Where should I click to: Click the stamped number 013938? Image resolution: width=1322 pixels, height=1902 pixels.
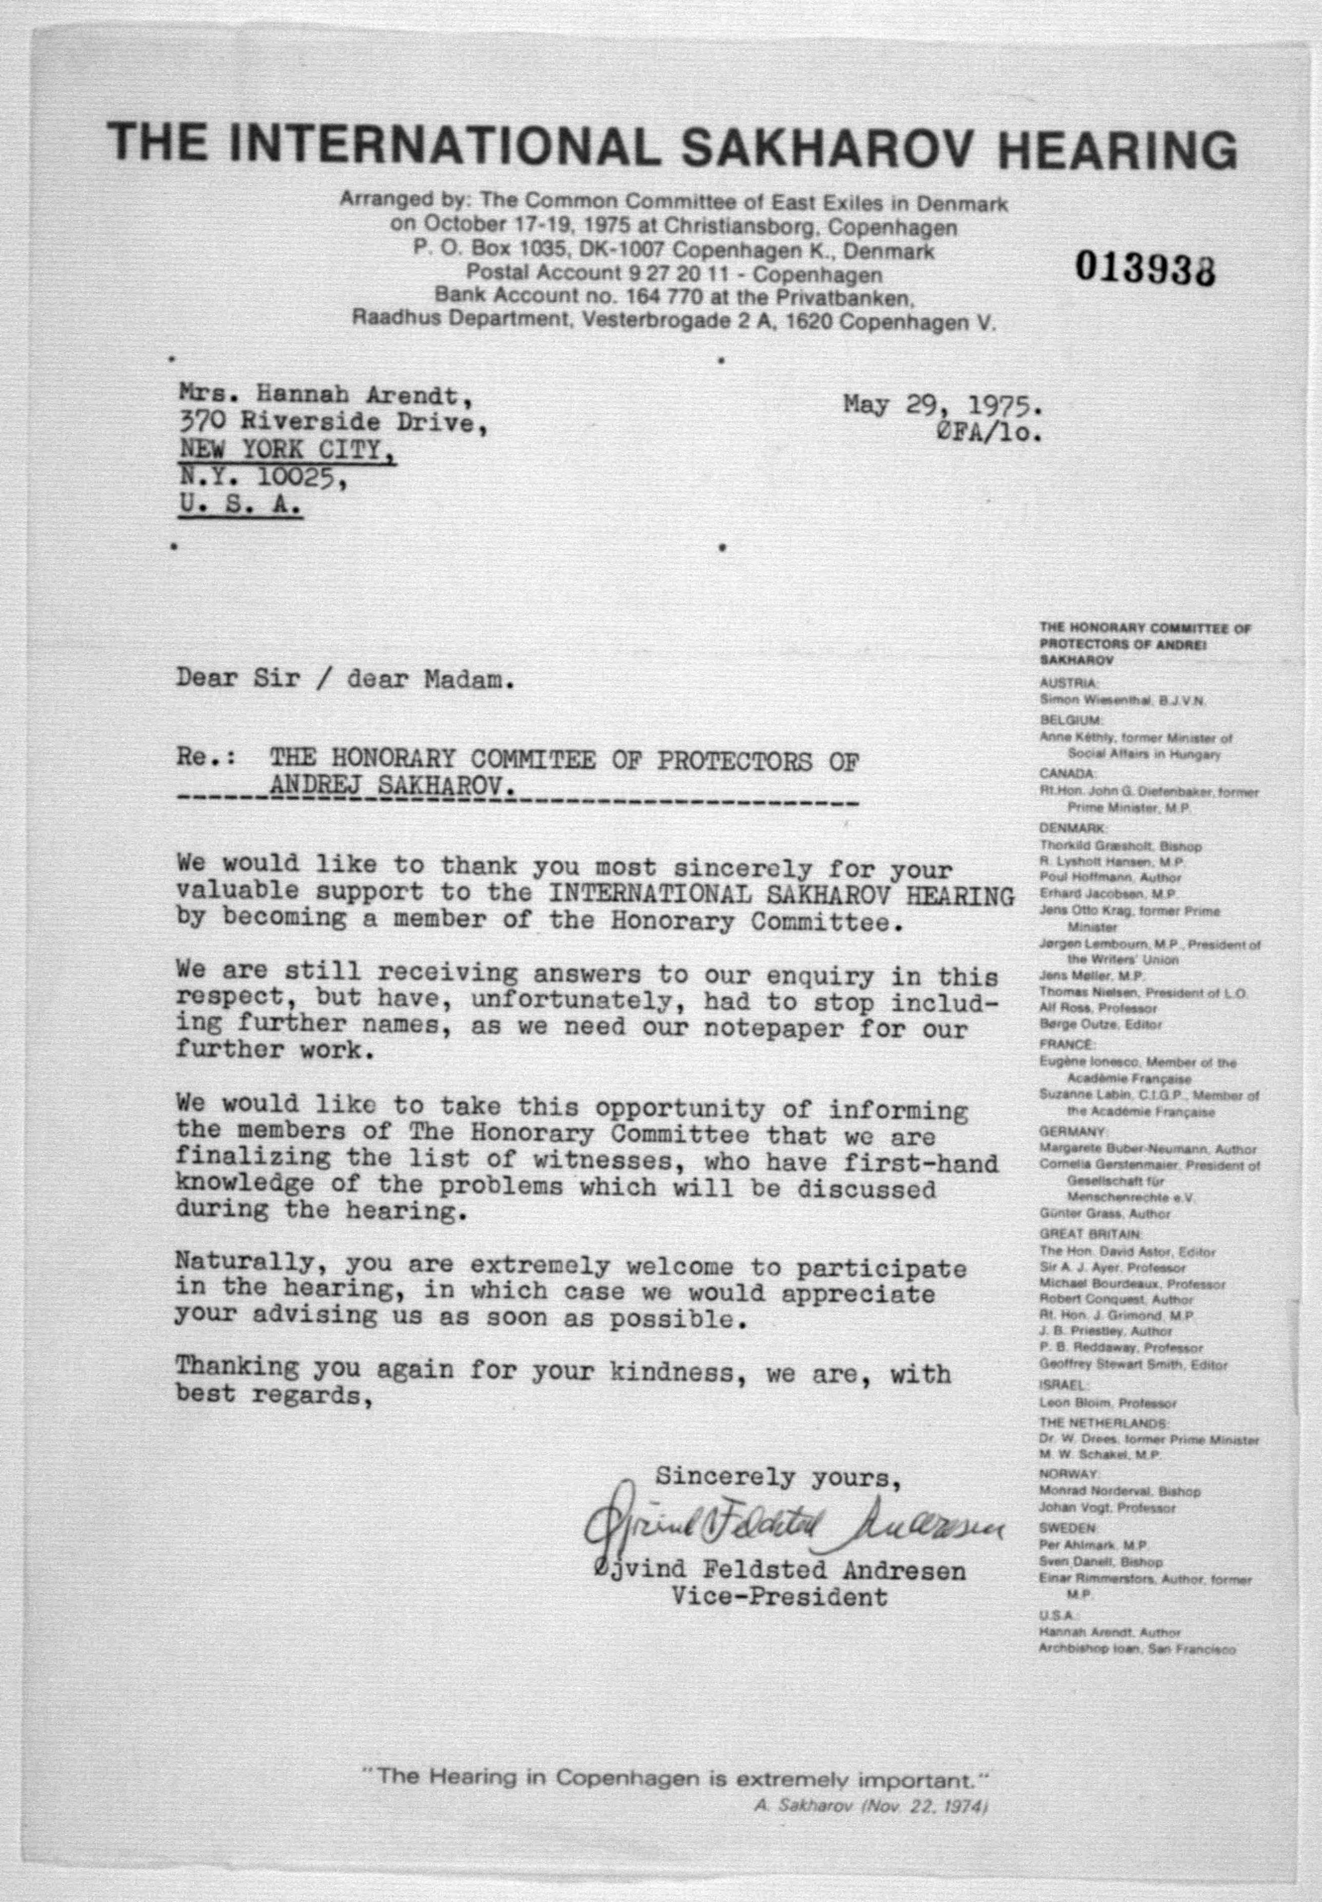tap(1145, 268)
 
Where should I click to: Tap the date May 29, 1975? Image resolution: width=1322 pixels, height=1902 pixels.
tap(943, 406)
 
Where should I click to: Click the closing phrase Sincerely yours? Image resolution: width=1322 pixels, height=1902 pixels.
tap(778, 1476)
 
